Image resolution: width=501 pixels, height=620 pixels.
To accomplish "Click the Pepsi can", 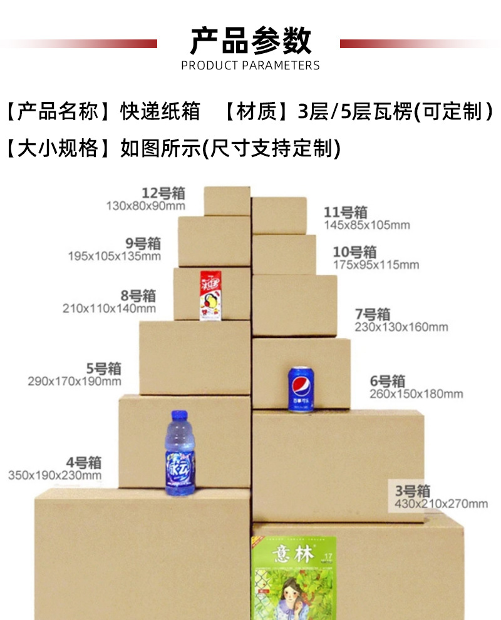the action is point(299,390).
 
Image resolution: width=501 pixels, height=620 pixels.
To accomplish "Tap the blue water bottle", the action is point(180,454).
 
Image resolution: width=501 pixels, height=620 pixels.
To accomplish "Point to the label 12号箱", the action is point(163,193).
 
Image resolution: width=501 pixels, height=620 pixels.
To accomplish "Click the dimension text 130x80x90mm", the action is point(146,206).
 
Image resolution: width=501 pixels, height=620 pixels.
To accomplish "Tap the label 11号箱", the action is point(345,212).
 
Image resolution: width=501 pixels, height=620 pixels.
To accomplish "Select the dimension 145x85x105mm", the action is point(366,225).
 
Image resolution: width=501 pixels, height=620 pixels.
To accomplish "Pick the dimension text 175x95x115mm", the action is point(376,265).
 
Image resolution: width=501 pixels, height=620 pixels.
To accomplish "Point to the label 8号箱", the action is point(137,295).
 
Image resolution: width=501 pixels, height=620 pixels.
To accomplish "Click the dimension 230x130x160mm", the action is point(401,327).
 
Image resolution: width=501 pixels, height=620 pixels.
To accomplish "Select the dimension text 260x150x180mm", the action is point(416,394).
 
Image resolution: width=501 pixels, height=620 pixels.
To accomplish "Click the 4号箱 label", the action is point(84,462).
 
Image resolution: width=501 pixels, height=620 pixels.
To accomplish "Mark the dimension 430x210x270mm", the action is point(441,504).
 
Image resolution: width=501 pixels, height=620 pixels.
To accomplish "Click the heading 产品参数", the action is point(250,41).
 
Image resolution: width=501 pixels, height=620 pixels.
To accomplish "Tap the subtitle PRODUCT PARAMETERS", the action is point(250,66).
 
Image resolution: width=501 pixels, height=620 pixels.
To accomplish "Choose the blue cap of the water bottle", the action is point(180,415).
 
